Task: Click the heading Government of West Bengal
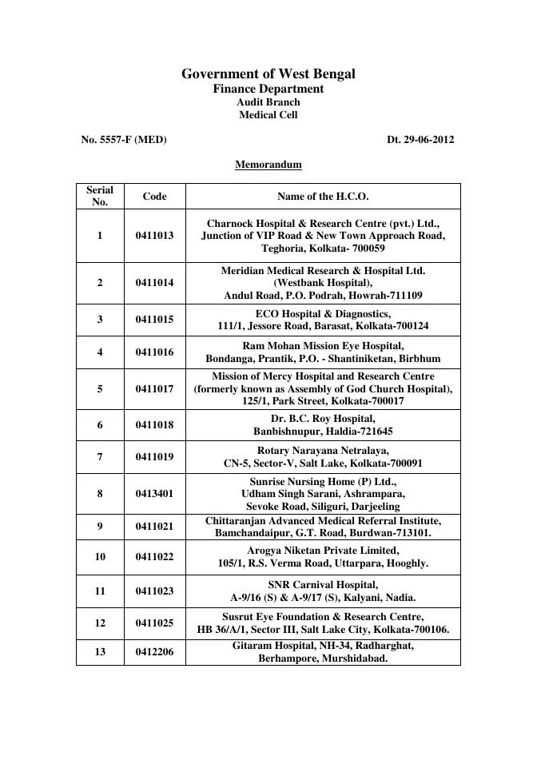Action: pyautogui.click(x=268, y=74)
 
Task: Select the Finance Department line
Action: pyautogui.click(x=268, y=89)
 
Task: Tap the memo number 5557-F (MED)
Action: pyautogui.click(x=124, y=139)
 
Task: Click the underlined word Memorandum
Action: pyautogui.click(x=268, y=165)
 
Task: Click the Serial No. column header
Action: pyautogui.click(x=100, y=196)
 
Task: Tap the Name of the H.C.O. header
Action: pyautogui.click(x=323, y=196)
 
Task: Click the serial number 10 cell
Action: pyautogui.click(x=100, y=556)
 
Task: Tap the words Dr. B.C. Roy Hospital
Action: pyautogui.click(x=323, y=418)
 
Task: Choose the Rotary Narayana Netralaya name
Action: pyautogui.click(x=323, y=451)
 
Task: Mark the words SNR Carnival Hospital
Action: pyautogui.click(x=323, y=585)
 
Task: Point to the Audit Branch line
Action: pyautogui.click(x=268, y=102)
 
